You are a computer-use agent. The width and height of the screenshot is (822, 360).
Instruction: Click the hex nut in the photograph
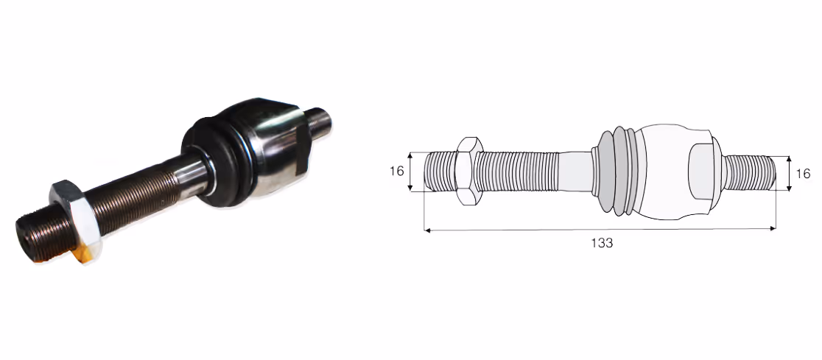[75, 220]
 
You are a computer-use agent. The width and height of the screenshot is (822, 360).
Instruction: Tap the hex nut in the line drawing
[468, 171]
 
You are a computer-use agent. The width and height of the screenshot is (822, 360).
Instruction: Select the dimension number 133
[602, 243]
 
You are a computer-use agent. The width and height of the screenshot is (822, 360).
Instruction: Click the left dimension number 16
[397, 171]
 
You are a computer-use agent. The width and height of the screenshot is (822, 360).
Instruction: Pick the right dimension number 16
[803, 174]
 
